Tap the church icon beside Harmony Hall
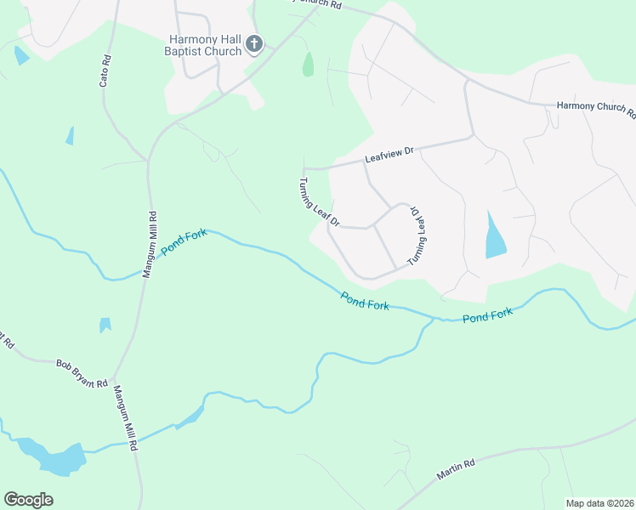coord(253,43)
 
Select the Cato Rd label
coord(105,71)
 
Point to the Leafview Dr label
coord(389,155)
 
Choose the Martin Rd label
coord(456,467)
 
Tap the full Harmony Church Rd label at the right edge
coord(595,107)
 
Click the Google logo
coord(28,500)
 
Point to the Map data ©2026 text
coord(599,502)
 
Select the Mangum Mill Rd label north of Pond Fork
coord(149,245)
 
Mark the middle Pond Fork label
coord(365,300)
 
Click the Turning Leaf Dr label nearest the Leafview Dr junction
coord(318,202)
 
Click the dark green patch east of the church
coord(308,64)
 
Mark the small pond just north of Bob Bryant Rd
coord(105,325)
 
